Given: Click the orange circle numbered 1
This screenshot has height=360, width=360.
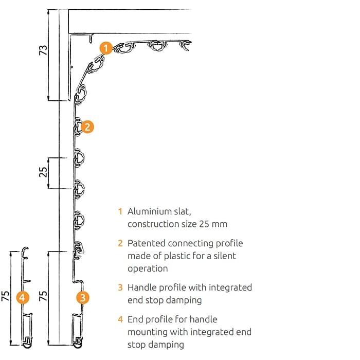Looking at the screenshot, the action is tap(106, 48).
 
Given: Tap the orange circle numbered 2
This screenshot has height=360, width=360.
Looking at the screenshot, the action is tap(87, 127).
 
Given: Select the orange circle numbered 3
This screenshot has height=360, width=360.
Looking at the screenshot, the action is tap(83, 298).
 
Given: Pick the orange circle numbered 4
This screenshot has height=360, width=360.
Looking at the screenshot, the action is tap(23, 298).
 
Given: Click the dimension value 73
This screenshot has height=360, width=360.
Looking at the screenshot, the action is tap(43, 50).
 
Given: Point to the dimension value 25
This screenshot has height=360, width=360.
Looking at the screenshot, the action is tap(43, 172).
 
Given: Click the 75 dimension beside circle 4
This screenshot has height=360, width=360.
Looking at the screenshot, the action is tap(5, 296).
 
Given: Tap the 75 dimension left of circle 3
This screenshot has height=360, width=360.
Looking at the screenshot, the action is tap(43, 296).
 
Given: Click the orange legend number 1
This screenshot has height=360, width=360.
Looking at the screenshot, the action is tap(120, 211).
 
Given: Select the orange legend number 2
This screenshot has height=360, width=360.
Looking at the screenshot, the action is tap(120, 243).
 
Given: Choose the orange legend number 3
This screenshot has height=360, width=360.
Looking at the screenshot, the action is tap(120, 287).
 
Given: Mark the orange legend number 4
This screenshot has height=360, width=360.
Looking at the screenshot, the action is tap(120, 319).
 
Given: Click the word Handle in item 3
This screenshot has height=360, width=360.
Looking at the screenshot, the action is tap(142, 287).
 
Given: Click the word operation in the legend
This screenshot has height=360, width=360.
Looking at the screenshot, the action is tap(148, 269).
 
